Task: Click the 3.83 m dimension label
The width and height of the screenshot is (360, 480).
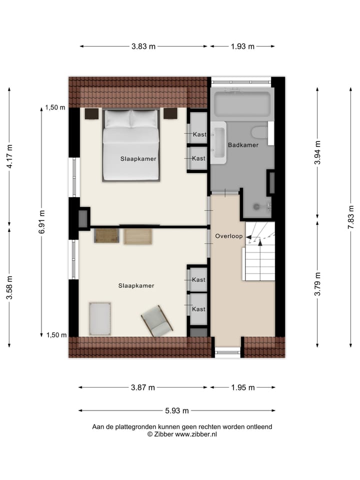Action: point(143,46)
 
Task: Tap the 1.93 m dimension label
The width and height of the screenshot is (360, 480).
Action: point(242,46)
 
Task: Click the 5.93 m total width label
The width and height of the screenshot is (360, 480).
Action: point(177,411)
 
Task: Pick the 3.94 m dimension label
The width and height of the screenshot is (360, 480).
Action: point(317,153)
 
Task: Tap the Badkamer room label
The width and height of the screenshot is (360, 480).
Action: point(243,145)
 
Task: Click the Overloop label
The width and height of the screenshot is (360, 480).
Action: point(229,235)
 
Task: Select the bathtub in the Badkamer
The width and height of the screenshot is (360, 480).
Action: point(242,104)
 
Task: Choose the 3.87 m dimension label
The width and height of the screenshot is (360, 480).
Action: point(143,387)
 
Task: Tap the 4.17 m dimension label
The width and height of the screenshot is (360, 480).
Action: point(9,157)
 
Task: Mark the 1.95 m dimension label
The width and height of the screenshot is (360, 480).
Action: point(242,387)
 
